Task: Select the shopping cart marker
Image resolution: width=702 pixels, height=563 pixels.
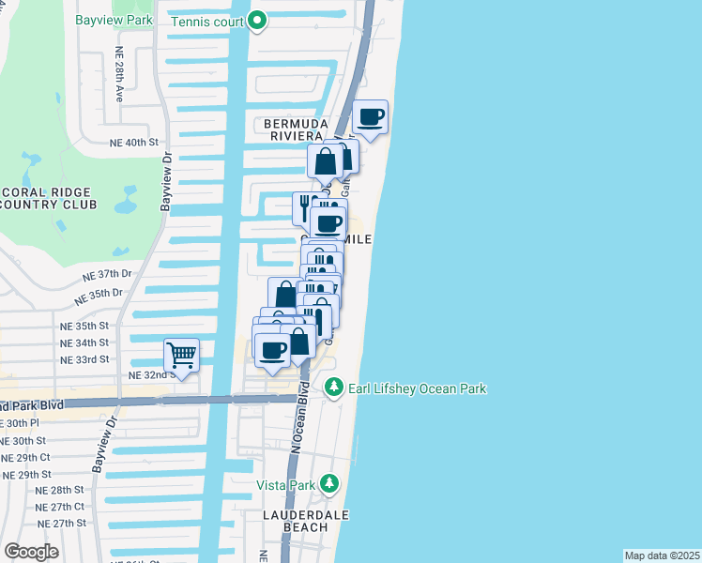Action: pos(181,356)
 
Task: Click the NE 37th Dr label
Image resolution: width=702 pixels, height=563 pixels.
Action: pos(104,275)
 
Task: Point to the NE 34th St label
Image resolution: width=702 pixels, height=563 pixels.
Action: pos(84,342)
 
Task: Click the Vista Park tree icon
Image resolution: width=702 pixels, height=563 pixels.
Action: pos(328,484)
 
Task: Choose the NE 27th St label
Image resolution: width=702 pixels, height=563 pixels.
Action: pos(62,523)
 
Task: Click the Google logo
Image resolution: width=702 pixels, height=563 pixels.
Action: pos(31,551)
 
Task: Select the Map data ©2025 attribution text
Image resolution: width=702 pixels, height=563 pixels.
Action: pos(662,555)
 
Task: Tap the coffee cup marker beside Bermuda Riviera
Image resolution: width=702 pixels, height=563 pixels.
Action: pos(371,117)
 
